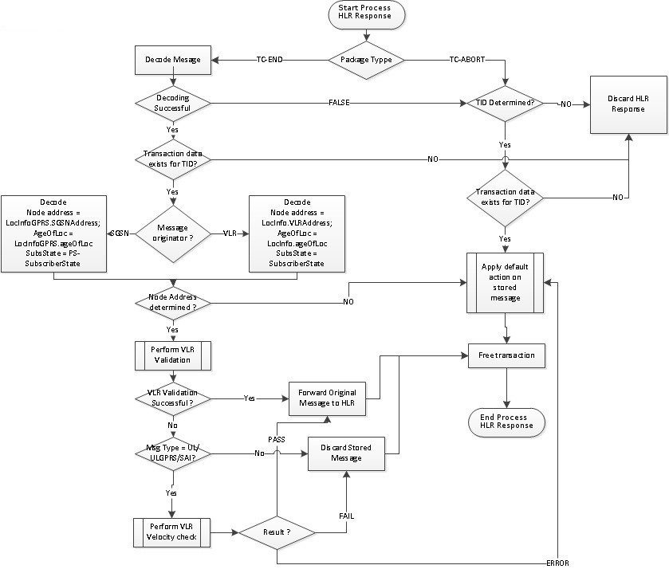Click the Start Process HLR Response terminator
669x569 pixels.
coord(367,14)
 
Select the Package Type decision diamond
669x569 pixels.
coord(367,60)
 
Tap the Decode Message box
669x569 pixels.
coord(172,60)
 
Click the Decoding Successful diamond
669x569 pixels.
coord(172,104)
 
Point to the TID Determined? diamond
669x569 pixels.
coord(505,104)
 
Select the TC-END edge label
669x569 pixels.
coord(270,60)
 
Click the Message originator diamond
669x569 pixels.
coord(172,233)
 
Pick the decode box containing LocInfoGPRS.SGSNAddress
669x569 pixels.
coord(53,233)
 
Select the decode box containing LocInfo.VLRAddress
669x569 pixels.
coord(297,233)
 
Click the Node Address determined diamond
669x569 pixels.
coord(172,303)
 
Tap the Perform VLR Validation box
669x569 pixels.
coord(172,354)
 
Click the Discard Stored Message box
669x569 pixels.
coord(346,452)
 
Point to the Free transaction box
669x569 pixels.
coord(506,355)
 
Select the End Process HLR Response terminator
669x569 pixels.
coord(506,422)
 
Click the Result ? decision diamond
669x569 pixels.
coord(276,531)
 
